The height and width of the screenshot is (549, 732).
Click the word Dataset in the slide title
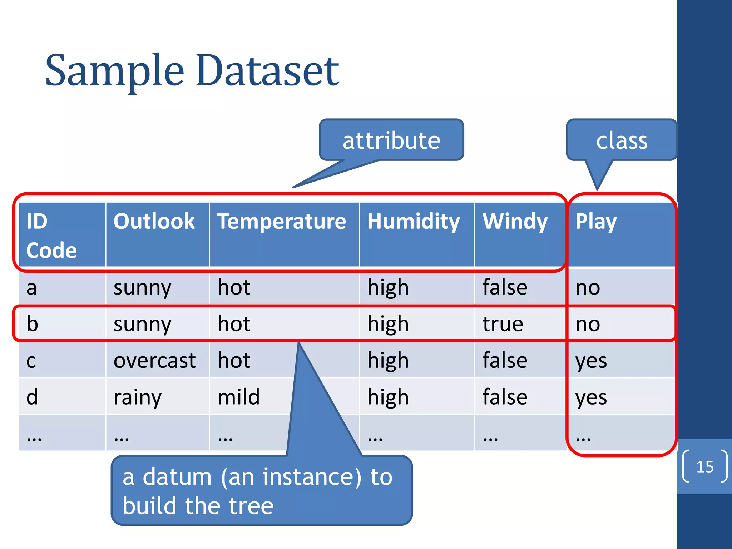pos(267,71)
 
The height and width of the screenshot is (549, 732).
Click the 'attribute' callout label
pos(391,140)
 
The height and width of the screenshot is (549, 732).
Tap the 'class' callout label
pos(622,140)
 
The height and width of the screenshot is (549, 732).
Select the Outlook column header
pos(154,221)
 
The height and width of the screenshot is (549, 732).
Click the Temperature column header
pos(282,221)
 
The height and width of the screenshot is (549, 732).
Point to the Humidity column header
pos(414,221)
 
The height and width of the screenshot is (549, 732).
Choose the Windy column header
pos(515,221)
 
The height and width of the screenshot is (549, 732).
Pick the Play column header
pos(596,221)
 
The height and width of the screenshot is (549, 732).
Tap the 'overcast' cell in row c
pos(154,360)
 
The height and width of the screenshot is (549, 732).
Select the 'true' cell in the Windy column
pos(503,324)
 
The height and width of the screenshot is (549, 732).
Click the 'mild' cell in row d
pos(238,397)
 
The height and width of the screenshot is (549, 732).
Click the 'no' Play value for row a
pos(588,287)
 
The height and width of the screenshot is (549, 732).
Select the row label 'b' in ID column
pos(32,324)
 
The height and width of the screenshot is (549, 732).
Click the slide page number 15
pos(704,467)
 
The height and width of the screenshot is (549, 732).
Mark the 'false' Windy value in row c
pos(505,360)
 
